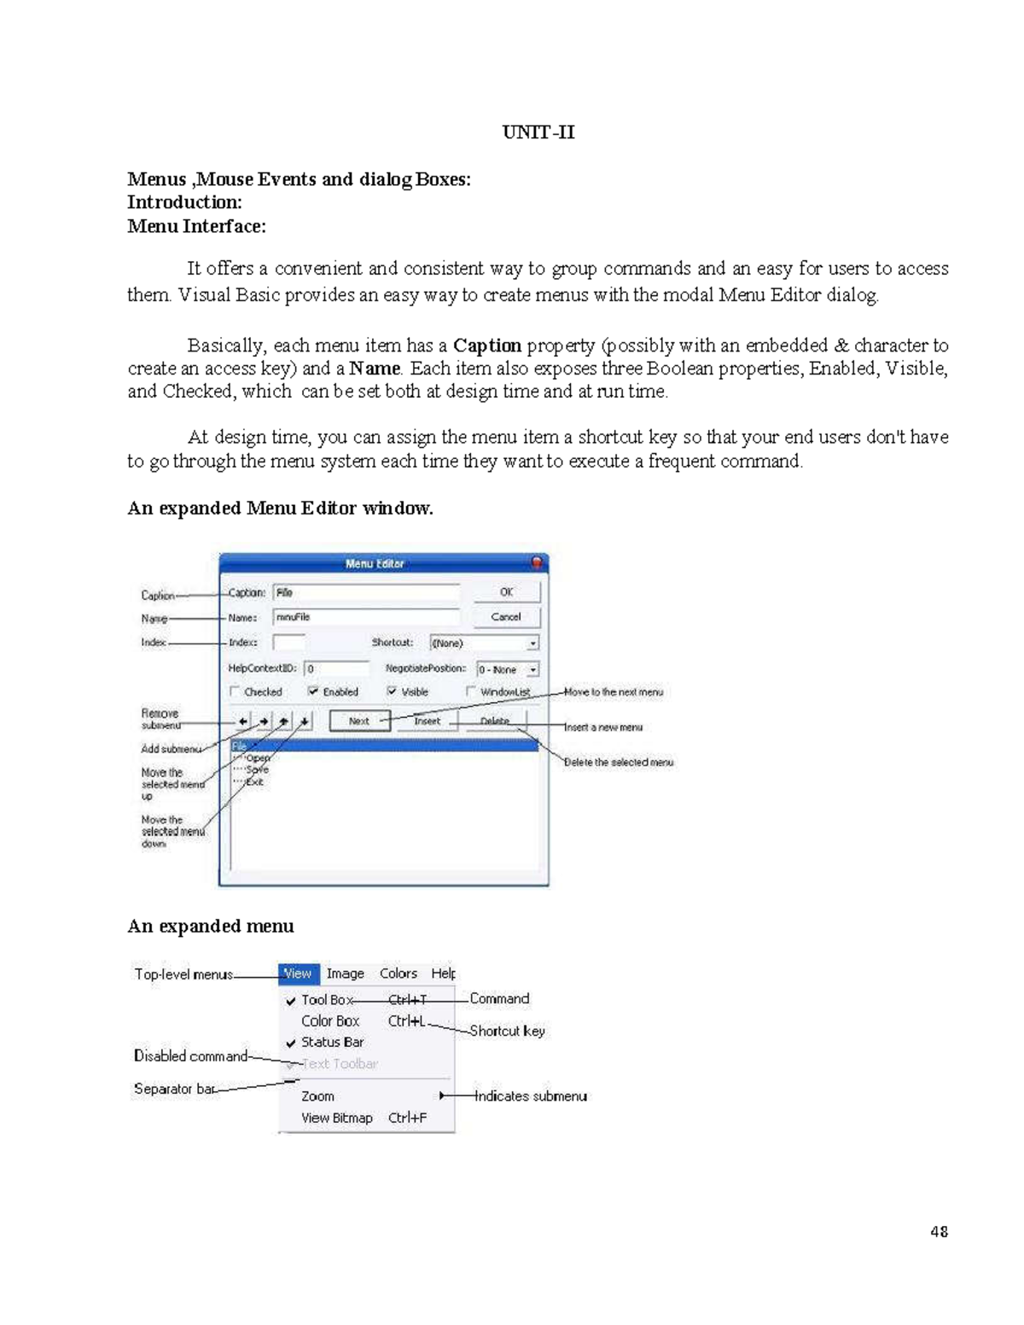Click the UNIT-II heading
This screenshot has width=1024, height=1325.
click(538, 132)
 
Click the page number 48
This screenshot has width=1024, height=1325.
click(939, 1231)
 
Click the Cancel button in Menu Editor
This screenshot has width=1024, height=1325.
click(506, 617)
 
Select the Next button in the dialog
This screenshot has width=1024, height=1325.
click(359, 721)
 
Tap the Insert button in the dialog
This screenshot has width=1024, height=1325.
click(427, 721)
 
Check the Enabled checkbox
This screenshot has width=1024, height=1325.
click(314, 692)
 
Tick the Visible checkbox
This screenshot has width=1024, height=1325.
click(392, 692)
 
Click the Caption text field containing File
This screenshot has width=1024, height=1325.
click(366, 593)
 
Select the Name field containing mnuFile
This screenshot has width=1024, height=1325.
click(366, 617)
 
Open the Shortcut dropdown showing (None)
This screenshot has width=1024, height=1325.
click(484, 643)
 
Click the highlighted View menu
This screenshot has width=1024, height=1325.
click(298, 973)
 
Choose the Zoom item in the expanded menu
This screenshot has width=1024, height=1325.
click(317, 1096)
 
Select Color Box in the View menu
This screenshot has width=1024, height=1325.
click(330, 1021)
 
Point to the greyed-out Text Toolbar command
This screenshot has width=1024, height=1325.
click(340, 1064)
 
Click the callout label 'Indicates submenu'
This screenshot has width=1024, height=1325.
click(531, 1096)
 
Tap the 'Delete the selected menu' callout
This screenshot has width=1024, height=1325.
click(619, 762)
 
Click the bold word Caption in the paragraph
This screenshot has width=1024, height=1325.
click(486, 346)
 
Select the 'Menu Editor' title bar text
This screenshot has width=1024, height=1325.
click(375, 564)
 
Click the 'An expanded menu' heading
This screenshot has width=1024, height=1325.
click(211, 927)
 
